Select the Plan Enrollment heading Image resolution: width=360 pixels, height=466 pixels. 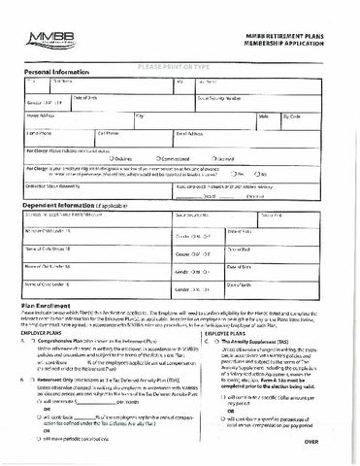pyautogui.click(x=49, y=330)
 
